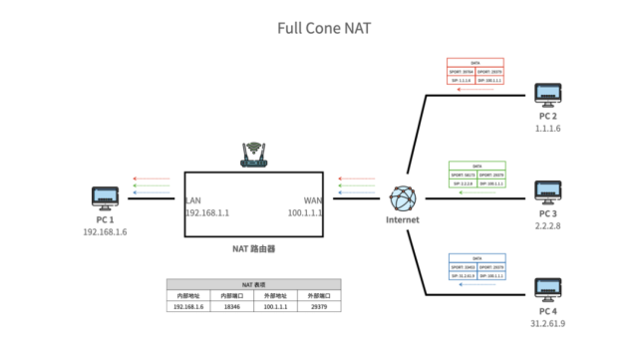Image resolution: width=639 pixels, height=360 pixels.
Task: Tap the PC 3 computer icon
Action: (547, 191)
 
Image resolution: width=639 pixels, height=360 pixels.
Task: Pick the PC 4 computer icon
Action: (547, 289)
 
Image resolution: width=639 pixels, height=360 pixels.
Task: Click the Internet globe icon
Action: (403, 196)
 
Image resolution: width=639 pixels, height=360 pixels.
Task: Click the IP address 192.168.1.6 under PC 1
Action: (106, 231)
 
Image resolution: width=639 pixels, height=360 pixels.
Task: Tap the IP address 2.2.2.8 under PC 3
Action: (547, 226)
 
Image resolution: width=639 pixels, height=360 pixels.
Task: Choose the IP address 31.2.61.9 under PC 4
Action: (547, 323)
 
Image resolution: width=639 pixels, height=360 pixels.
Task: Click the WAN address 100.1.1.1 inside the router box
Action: (306, 212)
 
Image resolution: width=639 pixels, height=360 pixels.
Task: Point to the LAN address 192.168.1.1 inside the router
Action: (207, 212)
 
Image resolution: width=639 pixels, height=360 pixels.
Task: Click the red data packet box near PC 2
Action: (476, 72)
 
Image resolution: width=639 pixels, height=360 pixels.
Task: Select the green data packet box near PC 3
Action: (476, 175)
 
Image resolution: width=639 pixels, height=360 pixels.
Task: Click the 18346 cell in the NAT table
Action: (232, 307)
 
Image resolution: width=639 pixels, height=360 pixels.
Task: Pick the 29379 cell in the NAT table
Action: (319, 307)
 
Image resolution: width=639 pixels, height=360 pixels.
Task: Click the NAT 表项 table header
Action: (254, 285)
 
